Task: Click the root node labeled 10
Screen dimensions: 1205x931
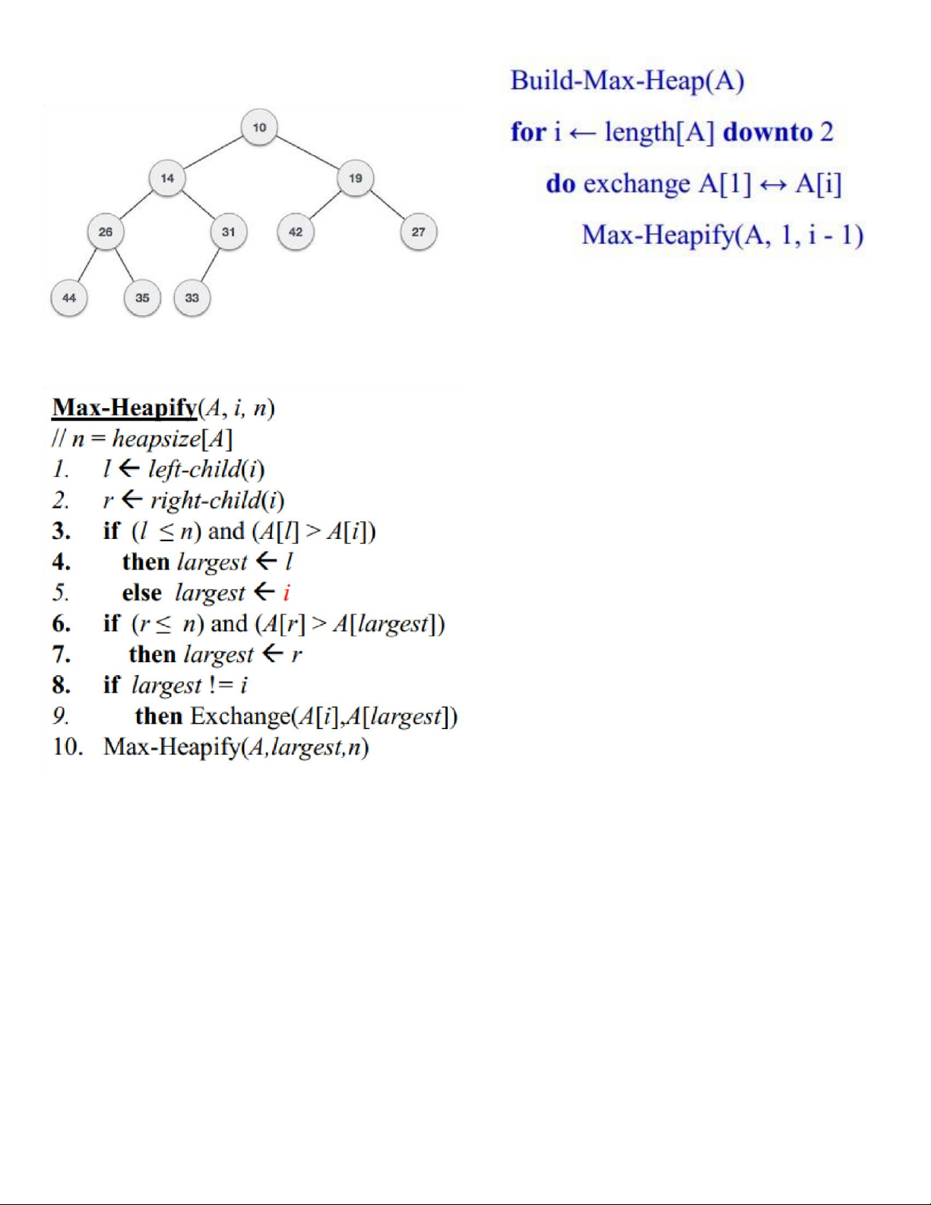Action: coord(259,127)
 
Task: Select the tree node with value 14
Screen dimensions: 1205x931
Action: coord(167,178)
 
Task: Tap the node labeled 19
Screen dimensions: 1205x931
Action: coord(355,178)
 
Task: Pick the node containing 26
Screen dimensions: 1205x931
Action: coord(106,232)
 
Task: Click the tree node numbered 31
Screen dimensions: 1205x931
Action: coord(228,232)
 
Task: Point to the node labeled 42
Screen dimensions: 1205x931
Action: coord(296,232)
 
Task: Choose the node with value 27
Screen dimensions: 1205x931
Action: coord(418,232)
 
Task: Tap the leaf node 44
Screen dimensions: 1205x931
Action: coord(69,297)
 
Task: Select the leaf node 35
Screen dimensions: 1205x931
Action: coord(142,297)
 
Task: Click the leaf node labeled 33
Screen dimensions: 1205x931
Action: coord(192,297)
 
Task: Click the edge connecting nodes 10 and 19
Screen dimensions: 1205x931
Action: coord(307,153)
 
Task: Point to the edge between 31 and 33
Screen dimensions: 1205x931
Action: coord(210,265)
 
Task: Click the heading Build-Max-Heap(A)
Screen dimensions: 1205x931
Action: coord(627,81)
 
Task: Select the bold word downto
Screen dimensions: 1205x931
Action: coord(768,132)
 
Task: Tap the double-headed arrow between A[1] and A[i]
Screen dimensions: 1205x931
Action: coord(773,185)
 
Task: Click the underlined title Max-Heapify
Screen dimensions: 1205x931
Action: coord(124,408)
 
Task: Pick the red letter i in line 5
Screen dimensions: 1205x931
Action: coord(287,593)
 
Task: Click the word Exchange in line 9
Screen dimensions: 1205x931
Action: coord(240,717)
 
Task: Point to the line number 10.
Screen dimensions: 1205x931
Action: coord(67,747)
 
